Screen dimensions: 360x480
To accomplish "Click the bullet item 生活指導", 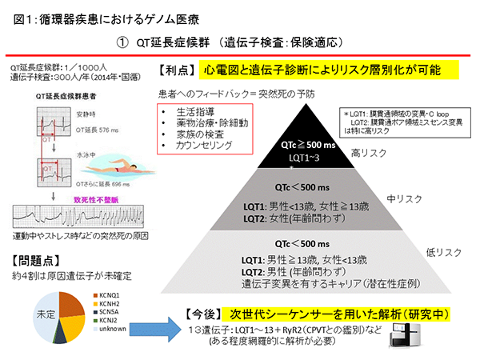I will pos(195,111).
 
